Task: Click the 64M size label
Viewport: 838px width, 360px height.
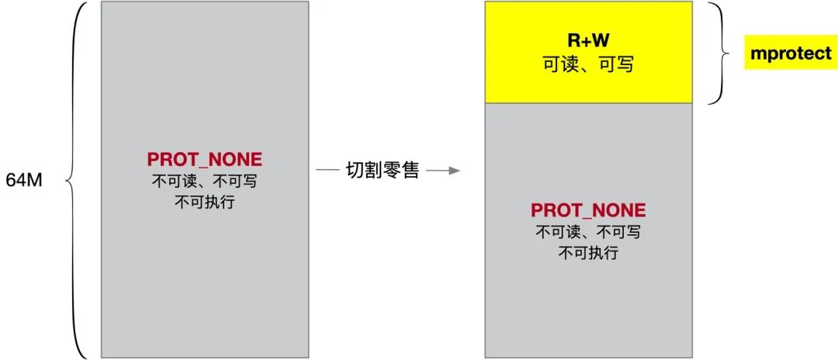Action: pyautogui.click(x=24, y=180)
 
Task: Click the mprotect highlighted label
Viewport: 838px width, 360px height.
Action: pyautogui.click(x=791, y=54)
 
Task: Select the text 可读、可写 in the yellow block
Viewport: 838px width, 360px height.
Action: pyautogui.click(x=588, y=64)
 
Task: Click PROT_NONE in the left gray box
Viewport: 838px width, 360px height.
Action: pyautogui.click(x=205, y=159)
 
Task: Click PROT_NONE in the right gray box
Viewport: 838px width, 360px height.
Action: pyautogui.click(x=588, y=210)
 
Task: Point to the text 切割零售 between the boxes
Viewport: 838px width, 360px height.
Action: pyautogui.click(x=383, y=171)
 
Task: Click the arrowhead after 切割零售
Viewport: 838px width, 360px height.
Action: pyautogui.click(x=453, y=171)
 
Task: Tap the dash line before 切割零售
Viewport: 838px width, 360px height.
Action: pyautogui.click(x=327, y=171)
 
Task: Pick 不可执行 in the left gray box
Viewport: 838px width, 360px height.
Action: pyautogui.click(x=205, y=202)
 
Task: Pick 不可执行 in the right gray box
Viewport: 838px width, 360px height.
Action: pyautogui.click(x=588, y=253)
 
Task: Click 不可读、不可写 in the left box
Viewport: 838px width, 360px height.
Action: pyautogui.click(x=205, y=182)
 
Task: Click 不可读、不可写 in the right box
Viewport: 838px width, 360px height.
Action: pyautogui.click(x=588, y=232)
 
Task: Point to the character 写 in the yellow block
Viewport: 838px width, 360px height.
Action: pyautogui.click(x=625, y=64)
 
